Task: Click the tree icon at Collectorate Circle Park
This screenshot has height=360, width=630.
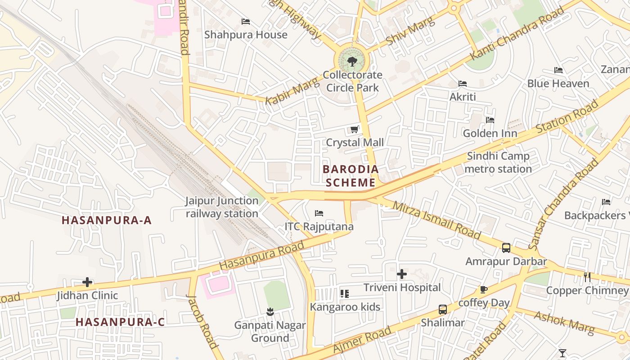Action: (352, 61)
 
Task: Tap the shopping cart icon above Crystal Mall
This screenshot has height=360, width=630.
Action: (355, 130)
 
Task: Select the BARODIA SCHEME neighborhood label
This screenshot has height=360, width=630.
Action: (351, 176)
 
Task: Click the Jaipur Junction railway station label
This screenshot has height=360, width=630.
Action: (222, 207)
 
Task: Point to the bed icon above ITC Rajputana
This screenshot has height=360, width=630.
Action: (319, 213)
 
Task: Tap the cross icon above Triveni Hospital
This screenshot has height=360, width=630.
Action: (402, 274)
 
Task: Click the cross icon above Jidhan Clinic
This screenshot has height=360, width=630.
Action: (87, 282)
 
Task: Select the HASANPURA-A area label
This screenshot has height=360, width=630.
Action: (107, 220)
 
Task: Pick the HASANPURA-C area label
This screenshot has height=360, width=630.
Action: (120, 322)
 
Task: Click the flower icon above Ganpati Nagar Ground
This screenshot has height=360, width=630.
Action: (270, 311)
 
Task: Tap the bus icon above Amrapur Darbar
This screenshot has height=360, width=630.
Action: (506, 248)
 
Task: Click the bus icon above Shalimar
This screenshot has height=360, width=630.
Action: (443, 310)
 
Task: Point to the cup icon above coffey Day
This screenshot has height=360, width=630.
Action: (484, 289)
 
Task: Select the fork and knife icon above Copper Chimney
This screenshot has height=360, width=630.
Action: (587, 277)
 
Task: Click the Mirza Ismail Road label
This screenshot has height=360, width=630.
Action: (436, 220)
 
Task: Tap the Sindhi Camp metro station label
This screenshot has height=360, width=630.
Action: (498, 163)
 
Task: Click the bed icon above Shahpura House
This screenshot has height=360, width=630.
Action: (246, 22)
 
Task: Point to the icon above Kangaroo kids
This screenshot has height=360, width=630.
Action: (345, 294)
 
